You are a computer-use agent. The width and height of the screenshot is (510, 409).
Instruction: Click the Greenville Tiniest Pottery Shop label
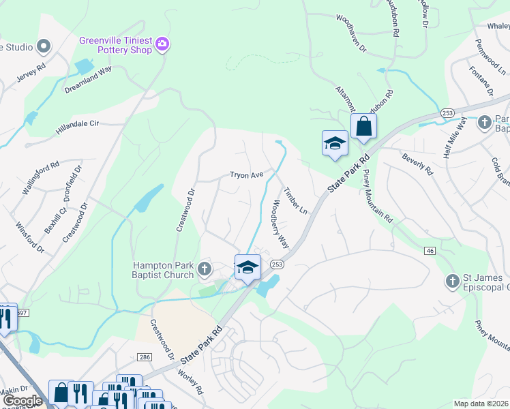click(115, 45)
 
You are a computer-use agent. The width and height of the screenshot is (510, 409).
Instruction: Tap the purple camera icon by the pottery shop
click(162, 45)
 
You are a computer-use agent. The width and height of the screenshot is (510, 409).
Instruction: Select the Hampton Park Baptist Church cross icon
click(204, 271)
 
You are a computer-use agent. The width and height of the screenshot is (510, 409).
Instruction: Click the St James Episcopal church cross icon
click(451, 282)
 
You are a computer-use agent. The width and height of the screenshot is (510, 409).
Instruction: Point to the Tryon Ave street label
click(246, 175)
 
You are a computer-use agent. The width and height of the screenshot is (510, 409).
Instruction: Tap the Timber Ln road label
click(296, 200)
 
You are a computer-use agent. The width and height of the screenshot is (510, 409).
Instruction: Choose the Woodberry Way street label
click(281, 224)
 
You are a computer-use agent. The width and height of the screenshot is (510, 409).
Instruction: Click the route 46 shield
click(430, 252)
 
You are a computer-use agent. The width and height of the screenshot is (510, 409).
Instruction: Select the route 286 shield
click(144, 357)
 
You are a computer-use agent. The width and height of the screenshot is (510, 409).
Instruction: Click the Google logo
click(22, 400)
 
